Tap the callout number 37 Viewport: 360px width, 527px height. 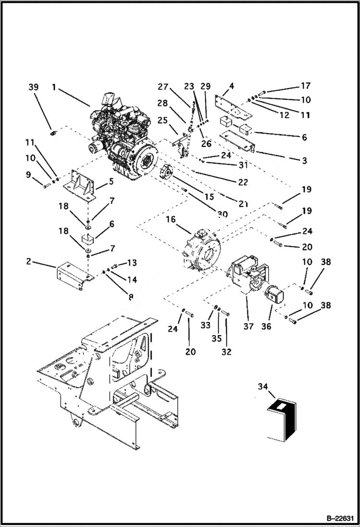tap(248, 326)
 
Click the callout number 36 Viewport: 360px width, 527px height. tap(266, 326)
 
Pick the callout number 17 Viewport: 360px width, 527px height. tap(306, 86)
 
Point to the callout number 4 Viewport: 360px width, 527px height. tap(231, 86)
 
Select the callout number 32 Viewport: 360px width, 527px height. tap(226, 352)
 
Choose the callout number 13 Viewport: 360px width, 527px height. tap(132, 262)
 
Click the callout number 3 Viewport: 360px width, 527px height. tap(304, 161)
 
